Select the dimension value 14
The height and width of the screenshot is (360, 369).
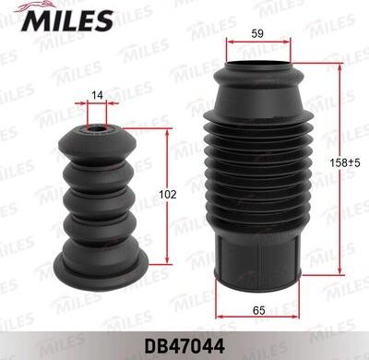(x=96, y=95)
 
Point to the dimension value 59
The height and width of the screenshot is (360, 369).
(x=258, y=35)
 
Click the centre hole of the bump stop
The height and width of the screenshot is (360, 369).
(x=96, y=128)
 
